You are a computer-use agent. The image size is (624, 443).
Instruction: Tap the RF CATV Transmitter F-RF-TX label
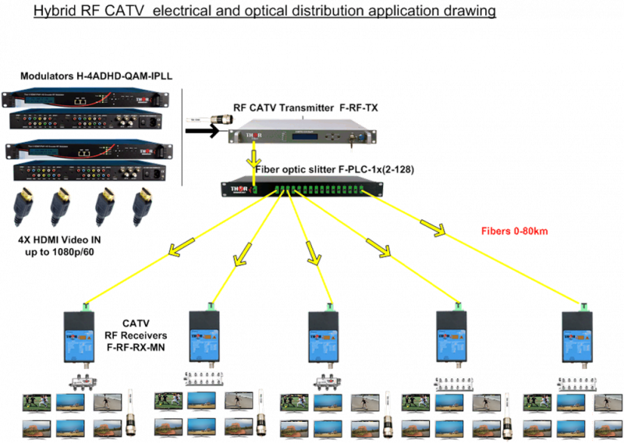point(306,107)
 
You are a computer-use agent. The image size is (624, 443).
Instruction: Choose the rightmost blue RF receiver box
point(578,337)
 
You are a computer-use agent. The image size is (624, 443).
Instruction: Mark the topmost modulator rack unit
point(83,97)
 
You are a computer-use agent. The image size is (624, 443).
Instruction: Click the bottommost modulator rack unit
point(88,172)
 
